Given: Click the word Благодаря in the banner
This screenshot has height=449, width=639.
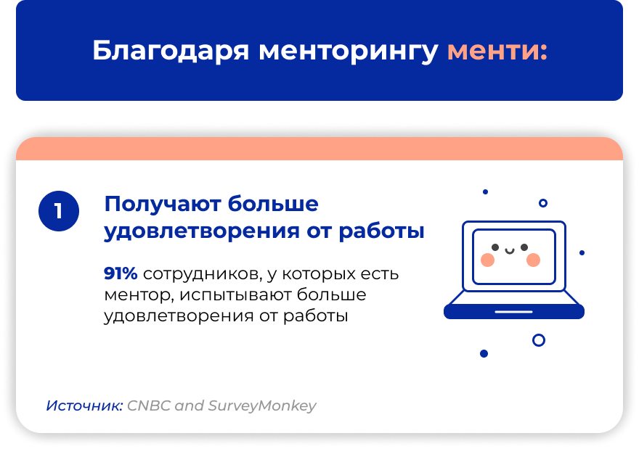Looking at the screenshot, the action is [171, 52].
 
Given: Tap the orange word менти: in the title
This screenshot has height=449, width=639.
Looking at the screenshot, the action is [497, 52].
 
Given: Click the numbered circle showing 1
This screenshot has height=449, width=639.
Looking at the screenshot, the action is [59, 211].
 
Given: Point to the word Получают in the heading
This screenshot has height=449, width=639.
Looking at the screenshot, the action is [163, 205].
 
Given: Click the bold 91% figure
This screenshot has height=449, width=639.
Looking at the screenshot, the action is [121, 273].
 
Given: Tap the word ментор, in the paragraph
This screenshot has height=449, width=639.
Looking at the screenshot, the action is [139, 295].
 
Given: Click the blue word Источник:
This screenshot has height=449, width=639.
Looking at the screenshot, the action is [84, 405].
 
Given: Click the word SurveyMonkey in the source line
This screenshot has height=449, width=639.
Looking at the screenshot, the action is [262, 406].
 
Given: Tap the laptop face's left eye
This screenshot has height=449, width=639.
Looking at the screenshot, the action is [495, 247].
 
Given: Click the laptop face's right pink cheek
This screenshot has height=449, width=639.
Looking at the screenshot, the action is [533, 260].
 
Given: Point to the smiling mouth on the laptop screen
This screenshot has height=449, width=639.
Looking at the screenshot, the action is [510, 251].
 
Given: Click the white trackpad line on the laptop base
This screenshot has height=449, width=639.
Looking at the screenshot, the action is [513, 312].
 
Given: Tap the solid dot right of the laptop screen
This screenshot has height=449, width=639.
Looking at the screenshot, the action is [582, 253].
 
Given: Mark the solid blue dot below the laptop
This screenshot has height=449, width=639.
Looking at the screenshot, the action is [484, 353].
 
